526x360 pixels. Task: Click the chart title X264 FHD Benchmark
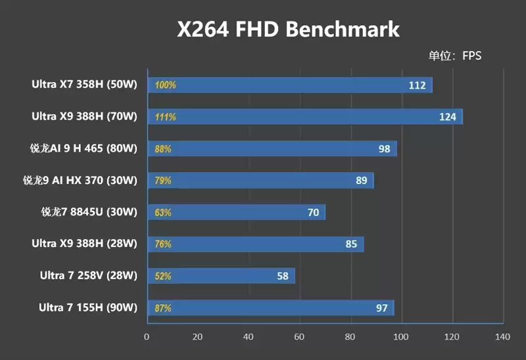(288, 30)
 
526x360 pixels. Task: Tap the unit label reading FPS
(456, 56)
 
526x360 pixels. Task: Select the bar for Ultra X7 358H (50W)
(289, 85)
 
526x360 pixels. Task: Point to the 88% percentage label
(163, 149)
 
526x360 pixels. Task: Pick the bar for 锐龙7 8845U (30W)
(236, 212)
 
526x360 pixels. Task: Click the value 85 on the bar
(351, 244)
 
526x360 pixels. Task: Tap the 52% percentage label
(163, 276)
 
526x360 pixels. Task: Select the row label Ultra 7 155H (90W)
(87, 307)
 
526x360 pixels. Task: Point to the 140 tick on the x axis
(502, 337)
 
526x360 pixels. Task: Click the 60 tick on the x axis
(299, 337)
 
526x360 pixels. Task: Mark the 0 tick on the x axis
(147, 337)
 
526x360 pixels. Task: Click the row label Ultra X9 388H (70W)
(84, 116)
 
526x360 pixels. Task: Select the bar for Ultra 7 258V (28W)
(221, 276)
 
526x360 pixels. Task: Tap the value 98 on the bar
(385, 149)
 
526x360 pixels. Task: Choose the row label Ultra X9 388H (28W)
(84, 244)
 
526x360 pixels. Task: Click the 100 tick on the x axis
(400, 337)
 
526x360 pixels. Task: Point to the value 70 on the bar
(313, 212)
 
